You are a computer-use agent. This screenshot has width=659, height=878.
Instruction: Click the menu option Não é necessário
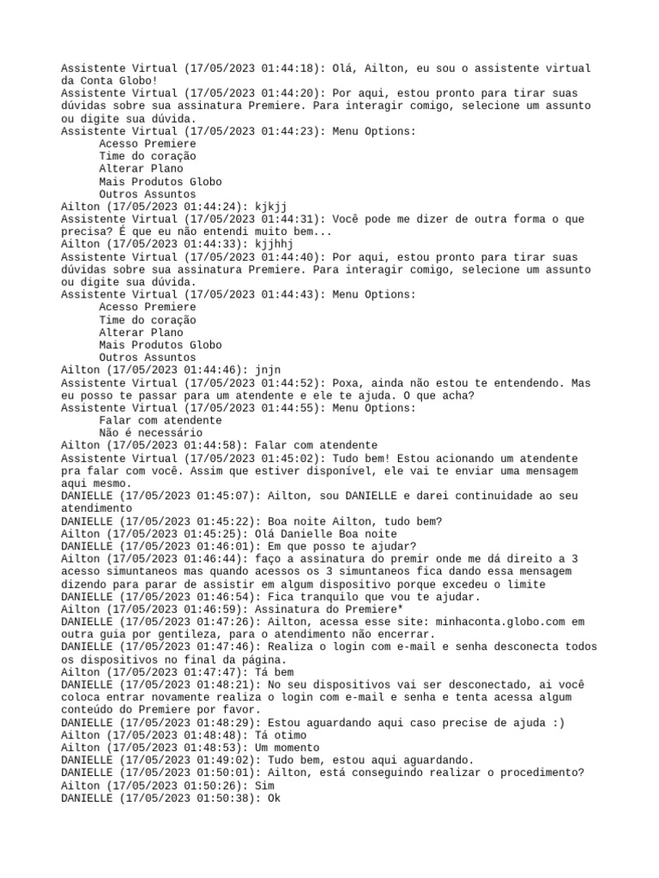coord(151,433)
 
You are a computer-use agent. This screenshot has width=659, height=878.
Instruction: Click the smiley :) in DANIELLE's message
coord(559,723)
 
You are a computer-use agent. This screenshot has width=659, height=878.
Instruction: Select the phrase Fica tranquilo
coord(318,597)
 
